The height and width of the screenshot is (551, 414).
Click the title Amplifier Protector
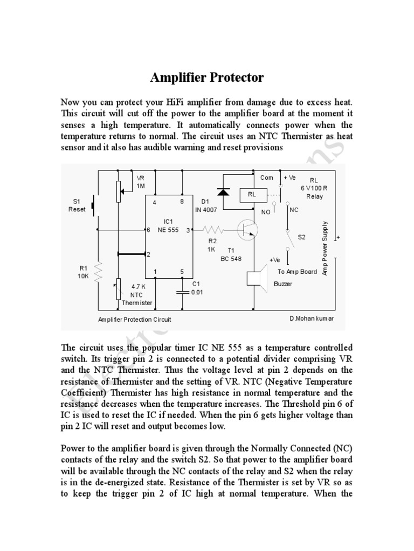[x=206, y=77]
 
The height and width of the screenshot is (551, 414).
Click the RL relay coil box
[x=251, y=194]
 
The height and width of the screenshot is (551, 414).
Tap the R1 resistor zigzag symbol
[x=98, y=272]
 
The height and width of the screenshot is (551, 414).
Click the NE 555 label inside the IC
[x=168, y=230]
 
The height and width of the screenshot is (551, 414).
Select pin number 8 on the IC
[x=183, y=202]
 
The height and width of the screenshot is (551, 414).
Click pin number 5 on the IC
[x=183, y=272]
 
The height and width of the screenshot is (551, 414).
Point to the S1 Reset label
[x=77, y=206]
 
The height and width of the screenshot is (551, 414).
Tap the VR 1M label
[x=140, y=181]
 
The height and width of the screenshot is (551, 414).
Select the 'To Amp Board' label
[x=297, y=272]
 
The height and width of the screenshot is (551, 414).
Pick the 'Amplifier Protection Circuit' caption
[x=134, y=319]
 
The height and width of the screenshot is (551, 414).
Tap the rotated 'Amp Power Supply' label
[x=325, y=248]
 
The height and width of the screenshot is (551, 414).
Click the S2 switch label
[x=301, y=237]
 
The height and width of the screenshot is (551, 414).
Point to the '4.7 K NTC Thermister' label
[x=137, y=295]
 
